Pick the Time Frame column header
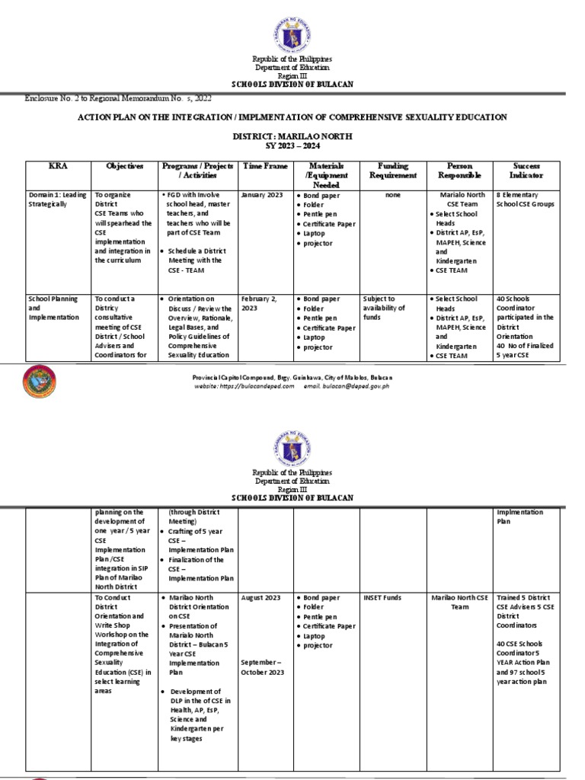[262, 165]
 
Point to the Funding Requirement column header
[392, 170]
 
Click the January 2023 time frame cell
[262, 195]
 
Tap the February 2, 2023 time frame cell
[259, 303]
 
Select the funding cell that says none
[392, 195]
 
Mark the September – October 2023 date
[263, 667]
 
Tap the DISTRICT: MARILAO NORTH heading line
[292, 135]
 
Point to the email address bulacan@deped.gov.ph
[360, 386]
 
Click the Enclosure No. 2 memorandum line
[118, 98]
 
